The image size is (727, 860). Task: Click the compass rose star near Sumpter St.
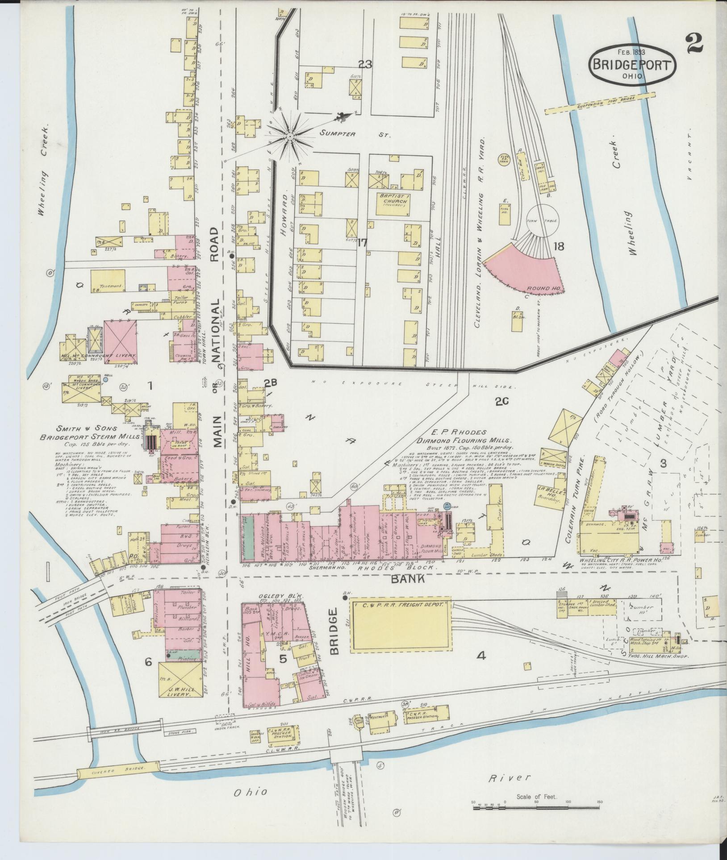click(x=290, y=135)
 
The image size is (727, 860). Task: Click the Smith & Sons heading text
click(x=87, y=428)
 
